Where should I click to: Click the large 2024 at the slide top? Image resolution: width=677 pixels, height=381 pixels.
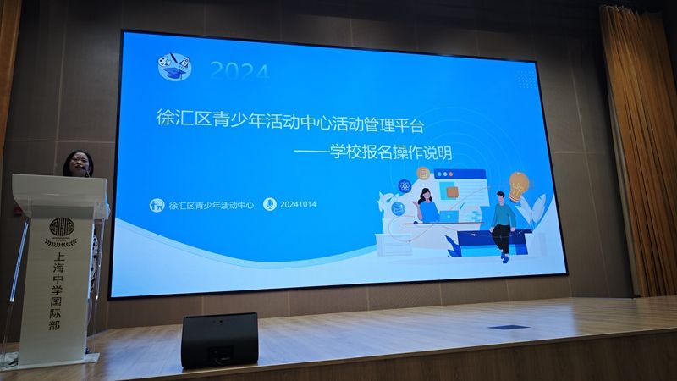(239, 71)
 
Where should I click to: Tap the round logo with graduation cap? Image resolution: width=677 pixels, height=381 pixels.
(174, 66)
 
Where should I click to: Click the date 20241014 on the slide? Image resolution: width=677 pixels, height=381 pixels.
(298, 204)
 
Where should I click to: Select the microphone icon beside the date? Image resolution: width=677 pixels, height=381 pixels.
(270, 204)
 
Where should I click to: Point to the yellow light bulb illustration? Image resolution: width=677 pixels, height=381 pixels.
(518, 185)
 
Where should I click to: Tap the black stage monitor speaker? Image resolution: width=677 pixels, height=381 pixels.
(220, 340)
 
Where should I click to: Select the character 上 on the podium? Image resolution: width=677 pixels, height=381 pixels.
(58, 257)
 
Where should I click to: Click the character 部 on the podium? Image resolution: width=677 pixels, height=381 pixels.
(54, 325)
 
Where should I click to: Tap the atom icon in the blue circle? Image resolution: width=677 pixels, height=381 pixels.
(405, 186)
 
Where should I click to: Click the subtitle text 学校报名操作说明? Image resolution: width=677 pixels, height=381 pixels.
(391, 152)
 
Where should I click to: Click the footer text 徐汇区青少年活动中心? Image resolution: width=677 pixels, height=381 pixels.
(211, 205)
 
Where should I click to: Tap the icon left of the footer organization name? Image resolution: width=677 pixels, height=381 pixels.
(157, 205)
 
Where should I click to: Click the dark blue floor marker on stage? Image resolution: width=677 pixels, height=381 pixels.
(509, 328)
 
